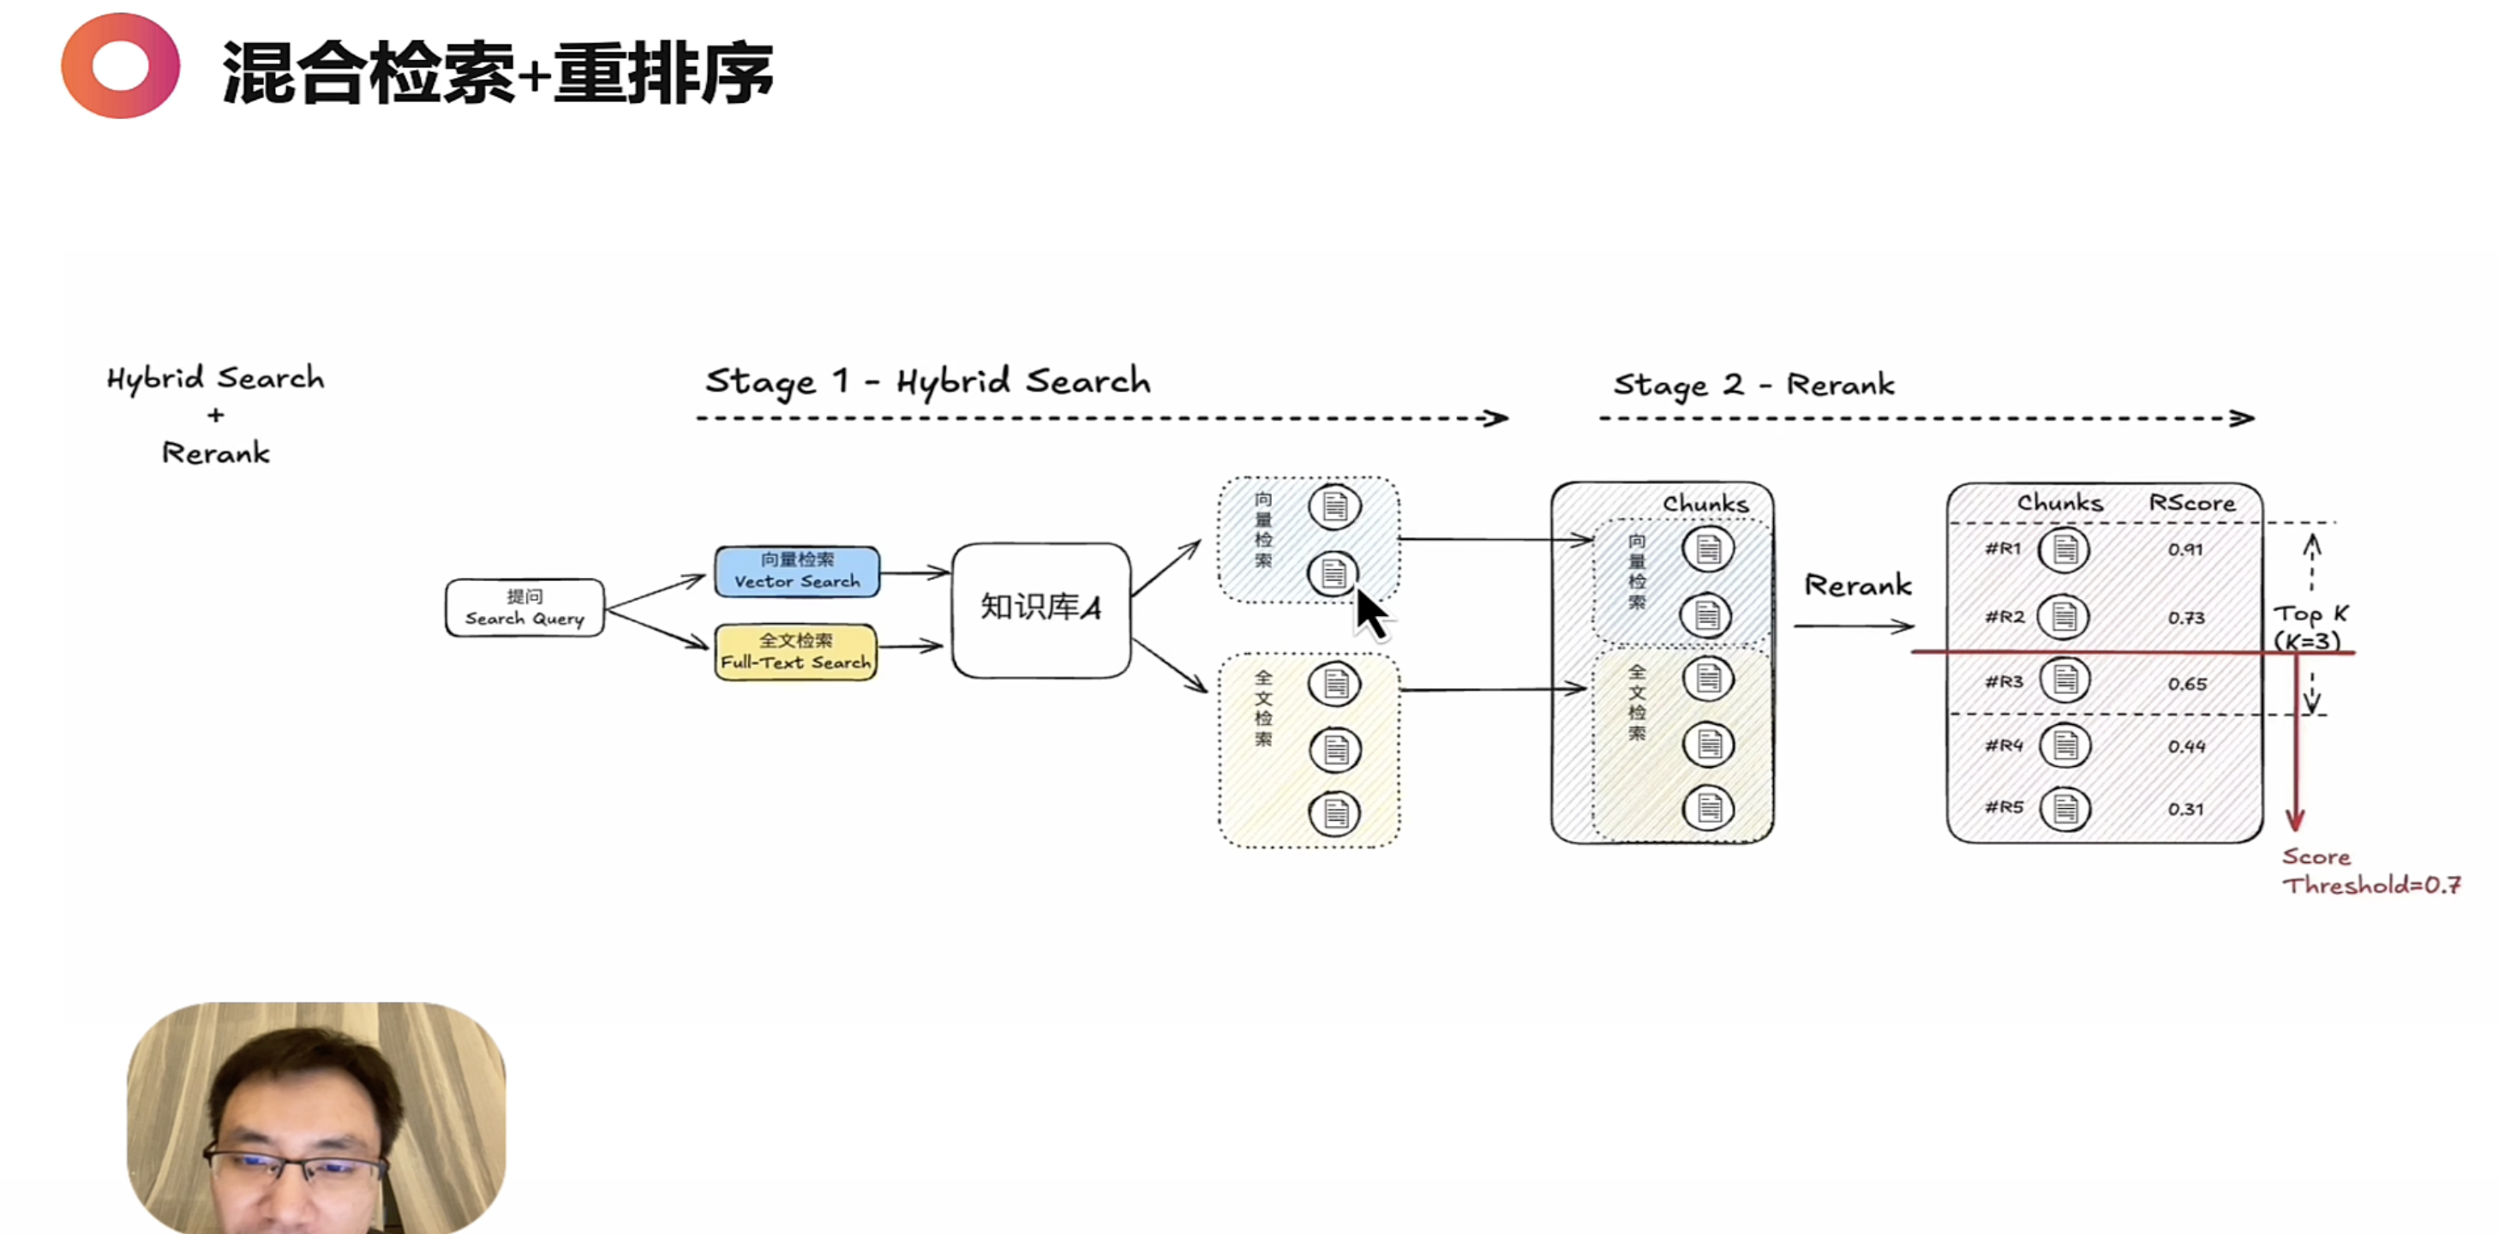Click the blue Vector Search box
tap(796, 572)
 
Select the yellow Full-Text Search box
tap(795, 652)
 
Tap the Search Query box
tap(524, 608)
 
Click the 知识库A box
tap(1040, 609)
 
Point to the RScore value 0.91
tap(2184, 549)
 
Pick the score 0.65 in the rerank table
tap(2187, 684)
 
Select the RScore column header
tap(2191, 502)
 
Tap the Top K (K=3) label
tap(2310, 626)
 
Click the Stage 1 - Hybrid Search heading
tap(926, 381)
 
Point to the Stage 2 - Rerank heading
tap(1753, 384)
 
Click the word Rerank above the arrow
tap(1857, 585)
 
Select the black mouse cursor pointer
tap(1369, 613)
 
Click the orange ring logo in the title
tap(120, 66)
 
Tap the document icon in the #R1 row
tap(2064, 550)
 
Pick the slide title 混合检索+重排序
tap(497, 73)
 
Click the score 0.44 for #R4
tap(2187, 746)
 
